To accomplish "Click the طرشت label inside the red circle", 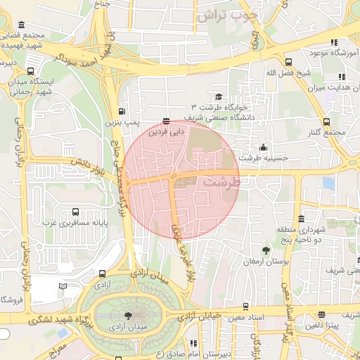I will coord(221,181).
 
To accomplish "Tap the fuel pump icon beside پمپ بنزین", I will coord(123,111).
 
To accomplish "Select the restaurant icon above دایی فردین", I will coord(166,120).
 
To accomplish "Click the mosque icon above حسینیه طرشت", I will coord(263,147).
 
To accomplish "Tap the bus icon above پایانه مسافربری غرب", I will coord(76,212).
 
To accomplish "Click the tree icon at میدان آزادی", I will coord(127,316).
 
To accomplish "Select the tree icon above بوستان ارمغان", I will coord(265,250).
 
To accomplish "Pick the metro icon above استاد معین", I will coord(245,307).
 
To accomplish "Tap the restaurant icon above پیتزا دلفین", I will coord(321,314).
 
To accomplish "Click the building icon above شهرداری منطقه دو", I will coord(301,218).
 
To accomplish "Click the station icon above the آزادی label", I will coord(103,274).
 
